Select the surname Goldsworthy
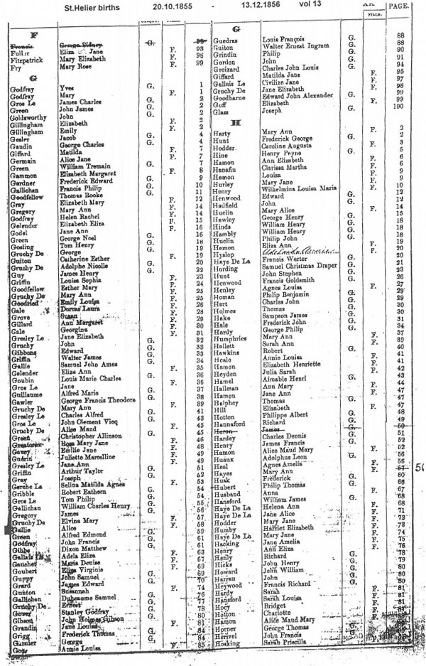(32, 116)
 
